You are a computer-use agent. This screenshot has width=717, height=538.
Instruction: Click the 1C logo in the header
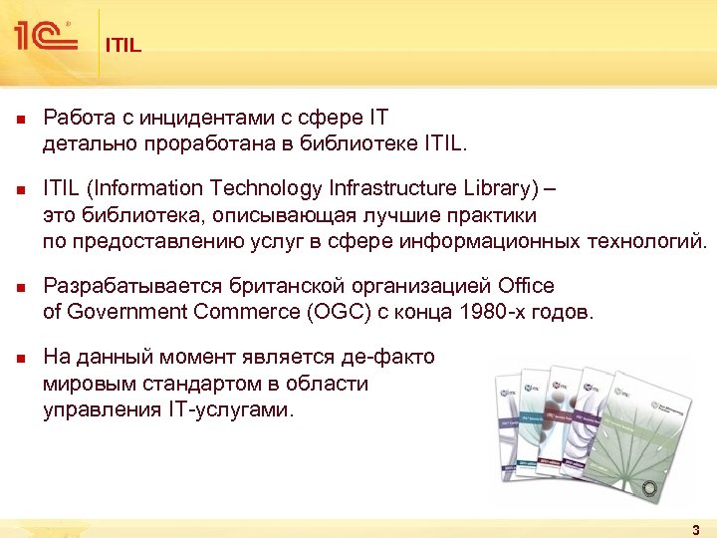point(46,37)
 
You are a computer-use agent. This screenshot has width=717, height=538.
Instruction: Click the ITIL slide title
point(123,45)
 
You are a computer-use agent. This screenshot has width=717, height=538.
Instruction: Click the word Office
point(517,286)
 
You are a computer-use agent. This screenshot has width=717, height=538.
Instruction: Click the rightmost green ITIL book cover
point(637,438)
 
